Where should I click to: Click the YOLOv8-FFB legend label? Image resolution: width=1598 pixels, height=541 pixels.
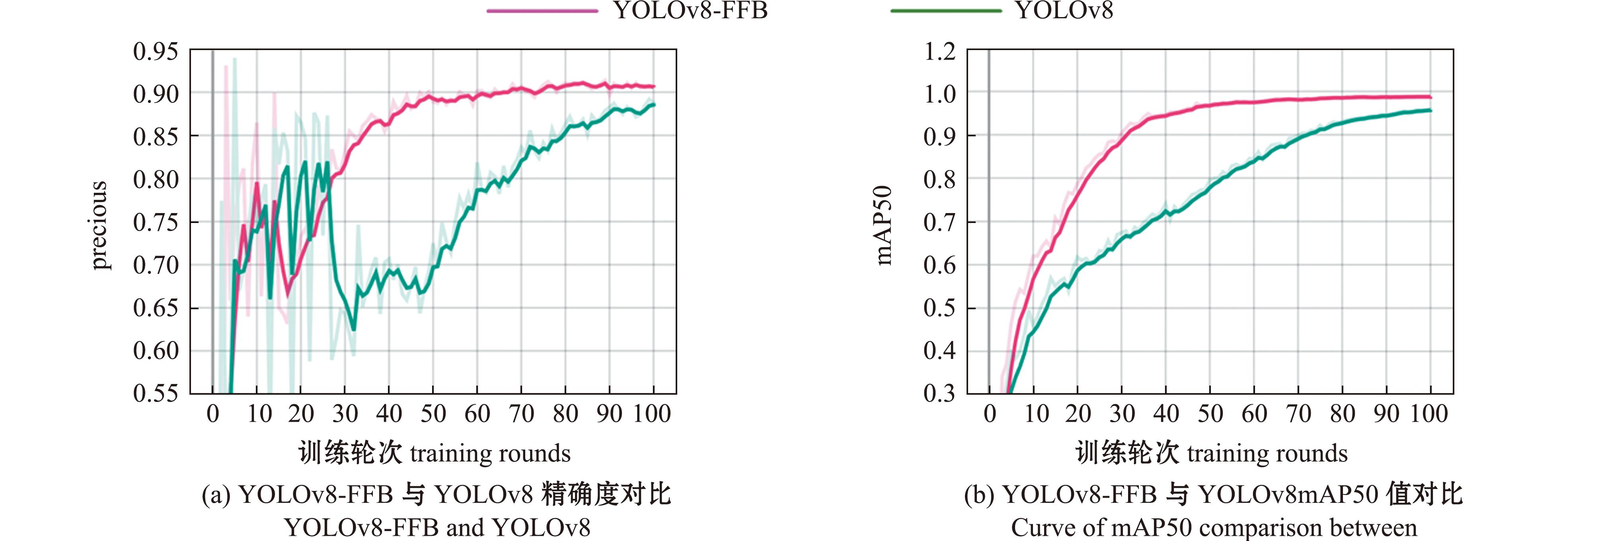point(690,11)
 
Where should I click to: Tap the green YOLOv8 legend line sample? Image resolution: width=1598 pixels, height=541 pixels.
point(946,11)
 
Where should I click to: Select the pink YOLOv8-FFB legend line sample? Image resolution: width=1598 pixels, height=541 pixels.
point(542,11)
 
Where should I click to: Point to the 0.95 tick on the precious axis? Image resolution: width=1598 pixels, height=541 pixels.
point(155,51)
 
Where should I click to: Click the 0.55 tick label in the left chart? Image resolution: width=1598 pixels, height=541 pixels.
point(155,393)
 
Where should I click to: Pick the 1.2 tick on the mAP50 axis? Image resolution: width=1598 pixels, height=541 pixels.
point(940,51)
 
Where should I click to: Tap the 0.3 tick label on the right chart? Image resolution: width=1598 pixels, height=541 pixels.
point(940,393)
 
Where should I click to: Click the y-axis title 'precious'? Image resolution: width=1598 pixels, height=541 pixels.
point(99,225)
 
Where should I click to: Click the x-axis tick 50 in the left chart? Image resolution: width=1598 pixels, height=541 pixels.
point(433,414)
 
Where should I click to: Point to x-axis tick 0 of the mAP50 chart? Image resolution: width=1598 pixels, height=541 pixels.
point(990,414)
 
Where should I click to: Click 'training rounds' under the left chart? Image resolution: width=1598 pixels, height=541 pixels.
point(490,454)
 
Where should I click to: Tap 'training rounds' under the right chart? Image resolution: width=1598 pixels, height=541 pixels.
point(1267,454)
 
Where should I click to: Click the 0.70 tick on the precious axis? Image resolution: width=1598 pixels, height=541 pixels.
point(155,265)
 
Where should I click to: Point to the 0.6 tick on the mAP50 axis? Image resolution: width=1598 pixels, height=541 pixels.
point(940,265)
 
